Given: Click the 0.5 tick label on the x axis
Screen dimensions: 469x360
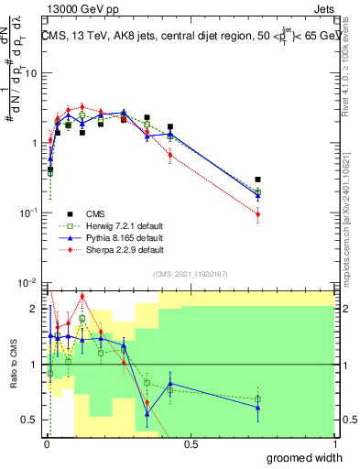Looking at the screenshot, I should tap(191, 444).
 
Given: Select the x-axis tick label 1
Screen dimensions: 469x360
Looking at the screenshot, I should tap(335, 444).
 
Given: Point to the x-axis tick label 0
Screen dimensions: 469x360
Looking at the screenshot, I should tap(46, 444).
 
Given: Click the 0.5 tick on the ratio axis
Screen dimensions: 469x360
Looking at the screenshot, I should tap(33, 420).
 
